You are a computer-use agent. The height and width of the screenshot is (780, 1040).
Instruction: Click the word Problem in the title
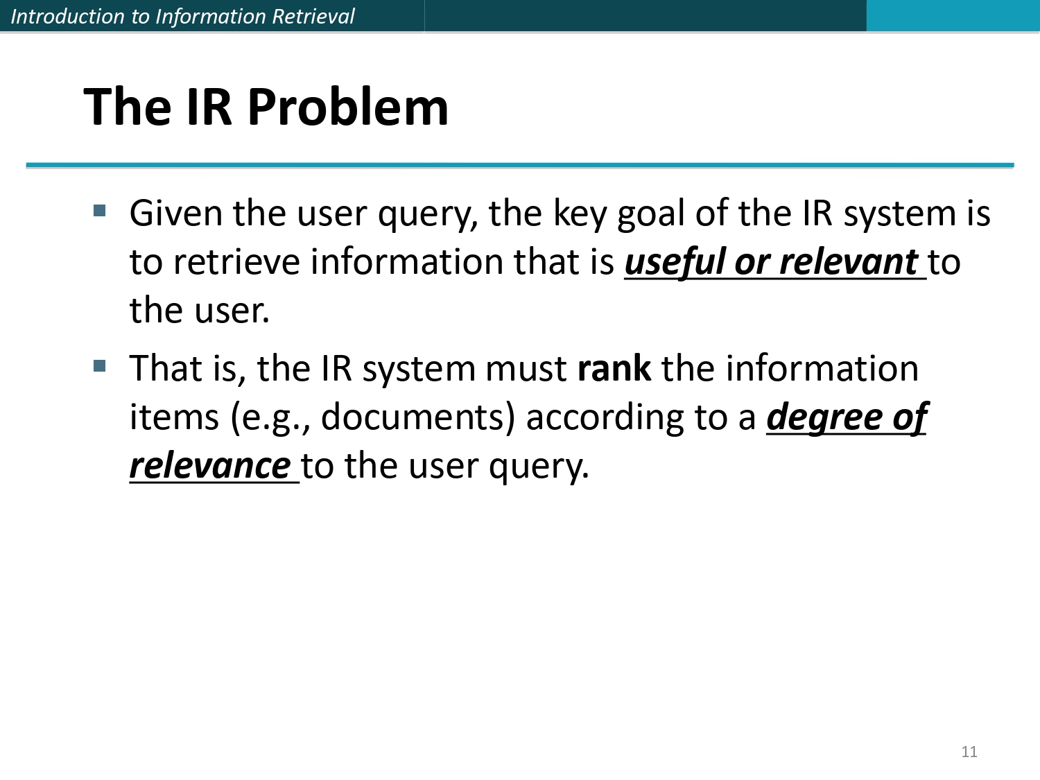[347, 108]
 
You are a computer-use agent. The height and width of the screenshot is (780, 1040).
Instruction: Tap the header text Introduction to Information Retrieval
[182, 16]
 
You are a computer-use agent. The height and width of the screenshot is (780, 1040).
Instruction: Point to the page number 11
[969, 752]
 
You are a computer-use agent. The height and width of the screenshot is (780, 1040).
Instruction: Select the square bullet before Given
[100, 210]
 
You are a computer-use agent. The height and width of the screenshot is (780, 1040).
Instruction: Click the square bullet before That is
[100, 365]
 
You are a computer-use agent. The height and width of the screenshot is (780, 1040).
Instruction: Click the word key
[579, 214]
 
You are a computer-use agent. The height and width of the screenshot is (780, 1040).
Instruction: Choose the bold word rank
[614, 369]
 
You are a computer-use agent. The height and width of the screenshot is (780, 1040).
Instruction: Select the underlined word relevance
[209, 466]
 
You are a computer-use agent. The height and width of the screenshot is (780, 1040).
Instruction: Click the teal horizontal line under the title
[520, 166]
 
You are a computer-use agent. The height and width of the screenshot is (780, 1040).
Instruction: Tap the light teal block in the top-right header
[953, 15]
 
